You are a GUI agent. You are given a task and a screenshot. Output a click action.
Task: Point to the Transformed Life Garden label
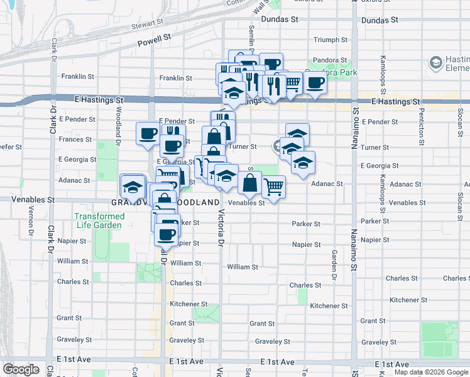tap(100, 220)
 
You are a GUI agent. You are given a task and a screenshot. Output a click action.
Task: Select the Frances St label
tap(75, 139)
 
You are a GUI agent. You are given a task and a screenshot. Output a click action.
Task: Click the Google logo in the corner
tap(21, 369)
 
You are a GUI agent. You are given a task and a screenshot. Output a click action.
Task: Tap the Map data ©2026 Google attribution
tap(431, 372)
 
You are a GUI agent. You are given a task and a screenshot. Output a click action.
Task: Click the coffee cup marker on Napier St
tap(167, 234)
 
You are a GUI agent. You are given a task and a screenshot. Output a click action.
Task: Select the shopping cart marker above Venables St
tap(273, 185)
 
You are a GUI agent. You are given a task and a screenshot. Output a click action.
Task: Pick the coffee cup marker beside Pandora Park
tap(315, 82)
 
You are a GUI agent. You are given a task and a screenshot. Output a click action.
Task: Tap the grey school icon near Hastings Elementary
tap(435, 62)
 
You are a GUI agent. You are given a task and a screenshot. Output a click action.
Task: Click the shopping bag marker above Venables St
tap(249, 183)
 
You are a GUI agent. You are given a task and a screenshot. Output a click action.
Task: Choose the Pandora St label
tap(335, 60)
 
